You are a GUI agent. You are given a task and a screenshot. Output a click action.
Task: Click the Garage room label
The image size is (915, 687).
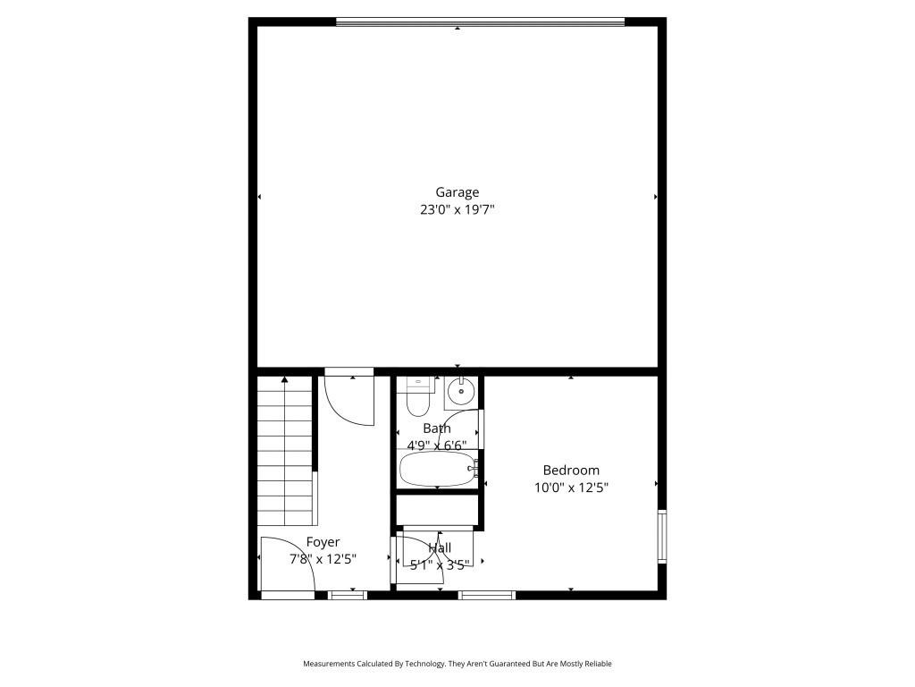[457, 191]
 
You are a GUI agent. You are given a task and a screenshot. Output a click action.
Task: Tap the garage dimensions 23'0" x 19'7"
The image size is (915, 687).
[457, 210]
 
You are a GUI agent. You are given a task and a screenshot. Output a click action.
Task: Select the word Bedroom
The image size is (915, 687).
[571, 470]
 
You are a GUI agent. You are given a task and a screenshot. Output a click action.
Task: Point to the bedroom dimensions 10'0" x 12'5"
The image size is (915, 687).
[571, 488]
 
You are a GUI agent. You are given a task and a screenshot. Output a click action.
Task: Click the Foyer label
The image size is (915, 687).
[323, 541]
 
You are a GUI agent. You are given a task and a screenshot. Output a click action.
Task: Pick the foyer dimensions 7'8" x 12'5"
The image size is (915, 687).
[323, 559]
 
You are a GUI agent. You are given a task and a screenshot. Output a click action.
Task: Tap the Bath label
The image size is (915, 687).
[437, 428]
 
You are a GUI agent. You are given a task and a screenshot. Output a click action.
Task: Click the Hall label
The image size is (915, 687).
[440, 547]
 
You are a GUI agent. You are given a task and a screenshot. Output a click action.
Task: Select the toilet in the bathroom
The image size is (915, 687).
[417, 398]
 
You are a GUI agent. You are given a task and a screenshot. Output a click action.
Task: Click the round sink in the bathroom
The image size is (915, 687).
[461, 391]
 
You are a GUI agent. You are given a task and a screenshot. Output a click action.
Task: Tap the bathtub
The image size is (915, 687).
[437, 468]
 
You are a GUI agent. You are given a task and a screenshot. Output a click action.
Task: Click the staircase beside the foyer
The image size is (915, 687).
[286, 452]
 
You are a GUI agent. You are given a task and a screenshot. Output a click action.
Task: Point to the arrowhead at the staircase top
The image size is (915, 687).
[285, 380]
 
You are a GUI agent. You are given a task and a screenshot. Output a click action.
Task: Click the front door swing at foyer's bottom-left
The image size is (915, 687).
[286, 564]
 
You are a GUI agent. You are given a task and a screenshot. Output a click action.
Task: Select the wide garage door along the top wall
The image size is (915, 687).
[480, 21]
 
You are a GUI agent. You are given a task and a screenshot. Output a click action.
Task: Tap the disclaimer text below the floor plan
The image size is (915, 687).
[457, 664]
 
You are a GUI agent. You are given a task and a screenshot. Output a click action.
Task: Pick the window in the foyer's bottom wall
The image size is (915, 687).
[347, 595]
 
